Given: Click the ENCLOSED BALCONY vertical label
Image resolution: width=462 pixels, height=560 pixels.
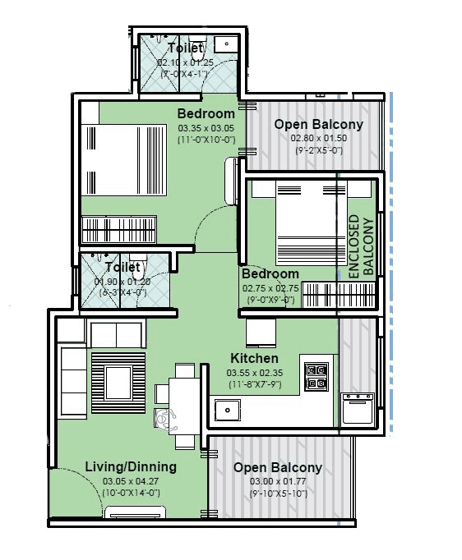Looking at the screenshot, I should (363, 245).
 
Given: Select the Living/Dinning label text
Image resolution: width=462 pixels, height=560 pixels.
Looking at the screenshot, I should (131, 466).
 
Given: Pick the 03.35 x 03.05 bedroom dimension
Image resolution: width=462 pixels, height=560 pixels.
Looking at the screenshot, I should (206, 128).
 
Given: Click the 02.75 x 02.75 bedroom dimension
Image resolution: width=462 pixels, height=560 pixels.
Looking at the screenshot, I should (270, 288).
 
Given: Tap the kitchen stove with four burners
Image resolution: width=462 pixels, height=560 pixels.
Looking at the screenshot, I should (316, 376).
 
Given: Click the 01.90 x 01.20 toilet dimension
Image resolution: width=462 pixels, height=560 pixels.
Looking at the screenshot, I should (123, 282).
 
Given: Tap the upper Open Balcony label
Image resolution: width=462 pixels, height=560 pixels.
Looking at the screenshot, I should (318, 124).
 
